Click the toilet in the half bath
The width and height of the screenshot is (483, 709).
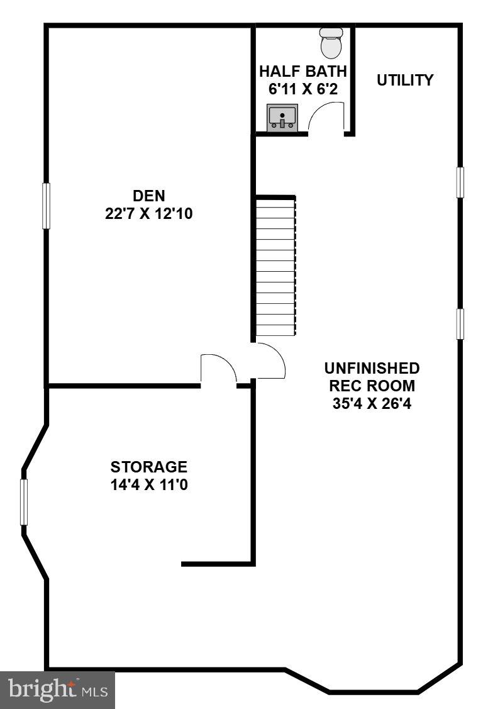pos(331,42)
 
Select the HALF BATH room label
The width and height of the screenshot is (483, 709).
pos(303,70)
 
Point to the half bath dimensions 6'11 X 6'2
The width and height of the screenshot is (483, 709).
pos(303,89)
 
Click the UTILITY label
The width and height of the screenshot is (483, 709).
pos(405,80)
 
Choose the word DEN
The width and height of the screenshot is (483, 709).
pos(149,196)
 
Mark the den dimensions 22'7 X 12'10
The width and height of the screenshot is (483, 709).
pos(149,214)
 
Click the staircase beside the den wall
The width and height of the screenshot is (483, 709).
pos(275,267)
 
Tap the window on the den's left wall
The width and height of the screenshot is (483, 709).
pos(46,206)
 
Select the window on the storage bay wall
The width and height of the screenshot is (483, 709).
pos(25,501)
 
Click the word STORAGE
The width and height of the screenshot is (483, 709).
pos(149,467)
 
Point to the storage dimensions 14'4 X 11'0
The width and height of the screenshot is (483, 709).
pos(149,485)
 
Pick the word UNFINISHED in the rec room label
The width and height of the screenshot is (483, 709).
pos(372,367)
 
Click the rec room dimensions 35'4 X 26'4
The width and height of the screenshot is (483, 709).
pos(372,403)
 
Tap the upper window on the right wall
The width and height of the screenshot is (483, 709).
pos(460,182)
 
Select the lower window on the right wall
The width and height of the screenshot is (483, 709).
pos(460,324)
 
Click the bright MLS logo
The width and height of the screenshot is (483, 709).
pos(57,689)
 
